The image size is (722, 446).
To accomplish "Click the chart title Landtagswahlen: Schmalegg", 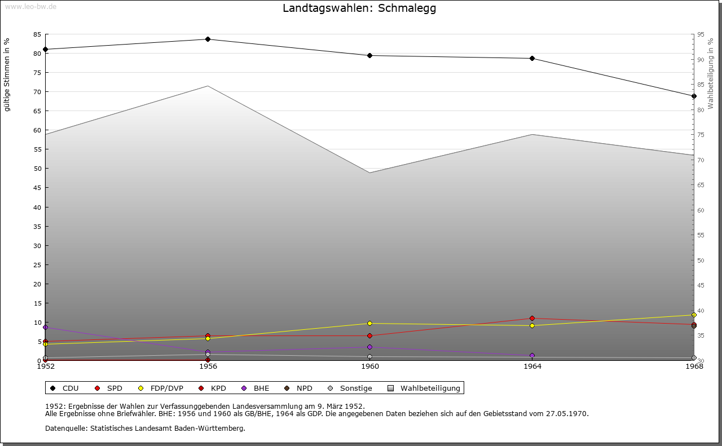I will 359,8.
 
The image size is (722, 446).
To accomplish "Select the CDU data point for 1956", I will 208,39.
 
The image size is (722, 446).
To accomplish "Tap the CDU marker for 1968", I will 694,96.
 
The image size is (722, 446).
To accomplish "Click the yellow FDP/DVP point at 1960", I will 370,324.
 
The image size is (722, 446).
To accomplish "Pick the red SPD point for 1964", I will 532,319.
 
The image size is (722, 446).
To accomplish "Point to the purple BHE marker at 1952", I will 46,328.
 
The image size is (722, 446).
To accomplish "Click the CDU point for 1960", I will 370,56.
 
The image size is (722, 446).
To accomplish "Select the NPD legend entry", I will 299,388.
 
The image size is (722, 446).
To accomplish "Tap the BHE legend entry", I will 256,388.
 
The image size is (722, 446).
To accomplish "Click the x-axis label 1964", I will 532,366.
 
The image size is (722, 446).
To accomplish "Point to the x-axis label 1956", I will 208,366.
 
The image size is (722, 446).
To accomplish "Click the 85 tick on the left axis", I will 37,34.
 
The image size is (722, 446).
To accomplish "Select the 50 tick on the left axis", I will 37,169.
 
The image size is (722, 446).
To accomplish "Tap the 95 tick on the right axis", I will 701,34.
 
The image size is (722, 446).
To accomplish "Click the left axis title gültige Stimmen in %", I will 7,75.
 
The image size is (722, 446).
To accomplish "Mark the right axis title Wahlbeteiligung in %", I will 711,74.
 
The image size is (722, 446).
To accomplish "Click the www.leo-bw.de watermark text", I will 30,6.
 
